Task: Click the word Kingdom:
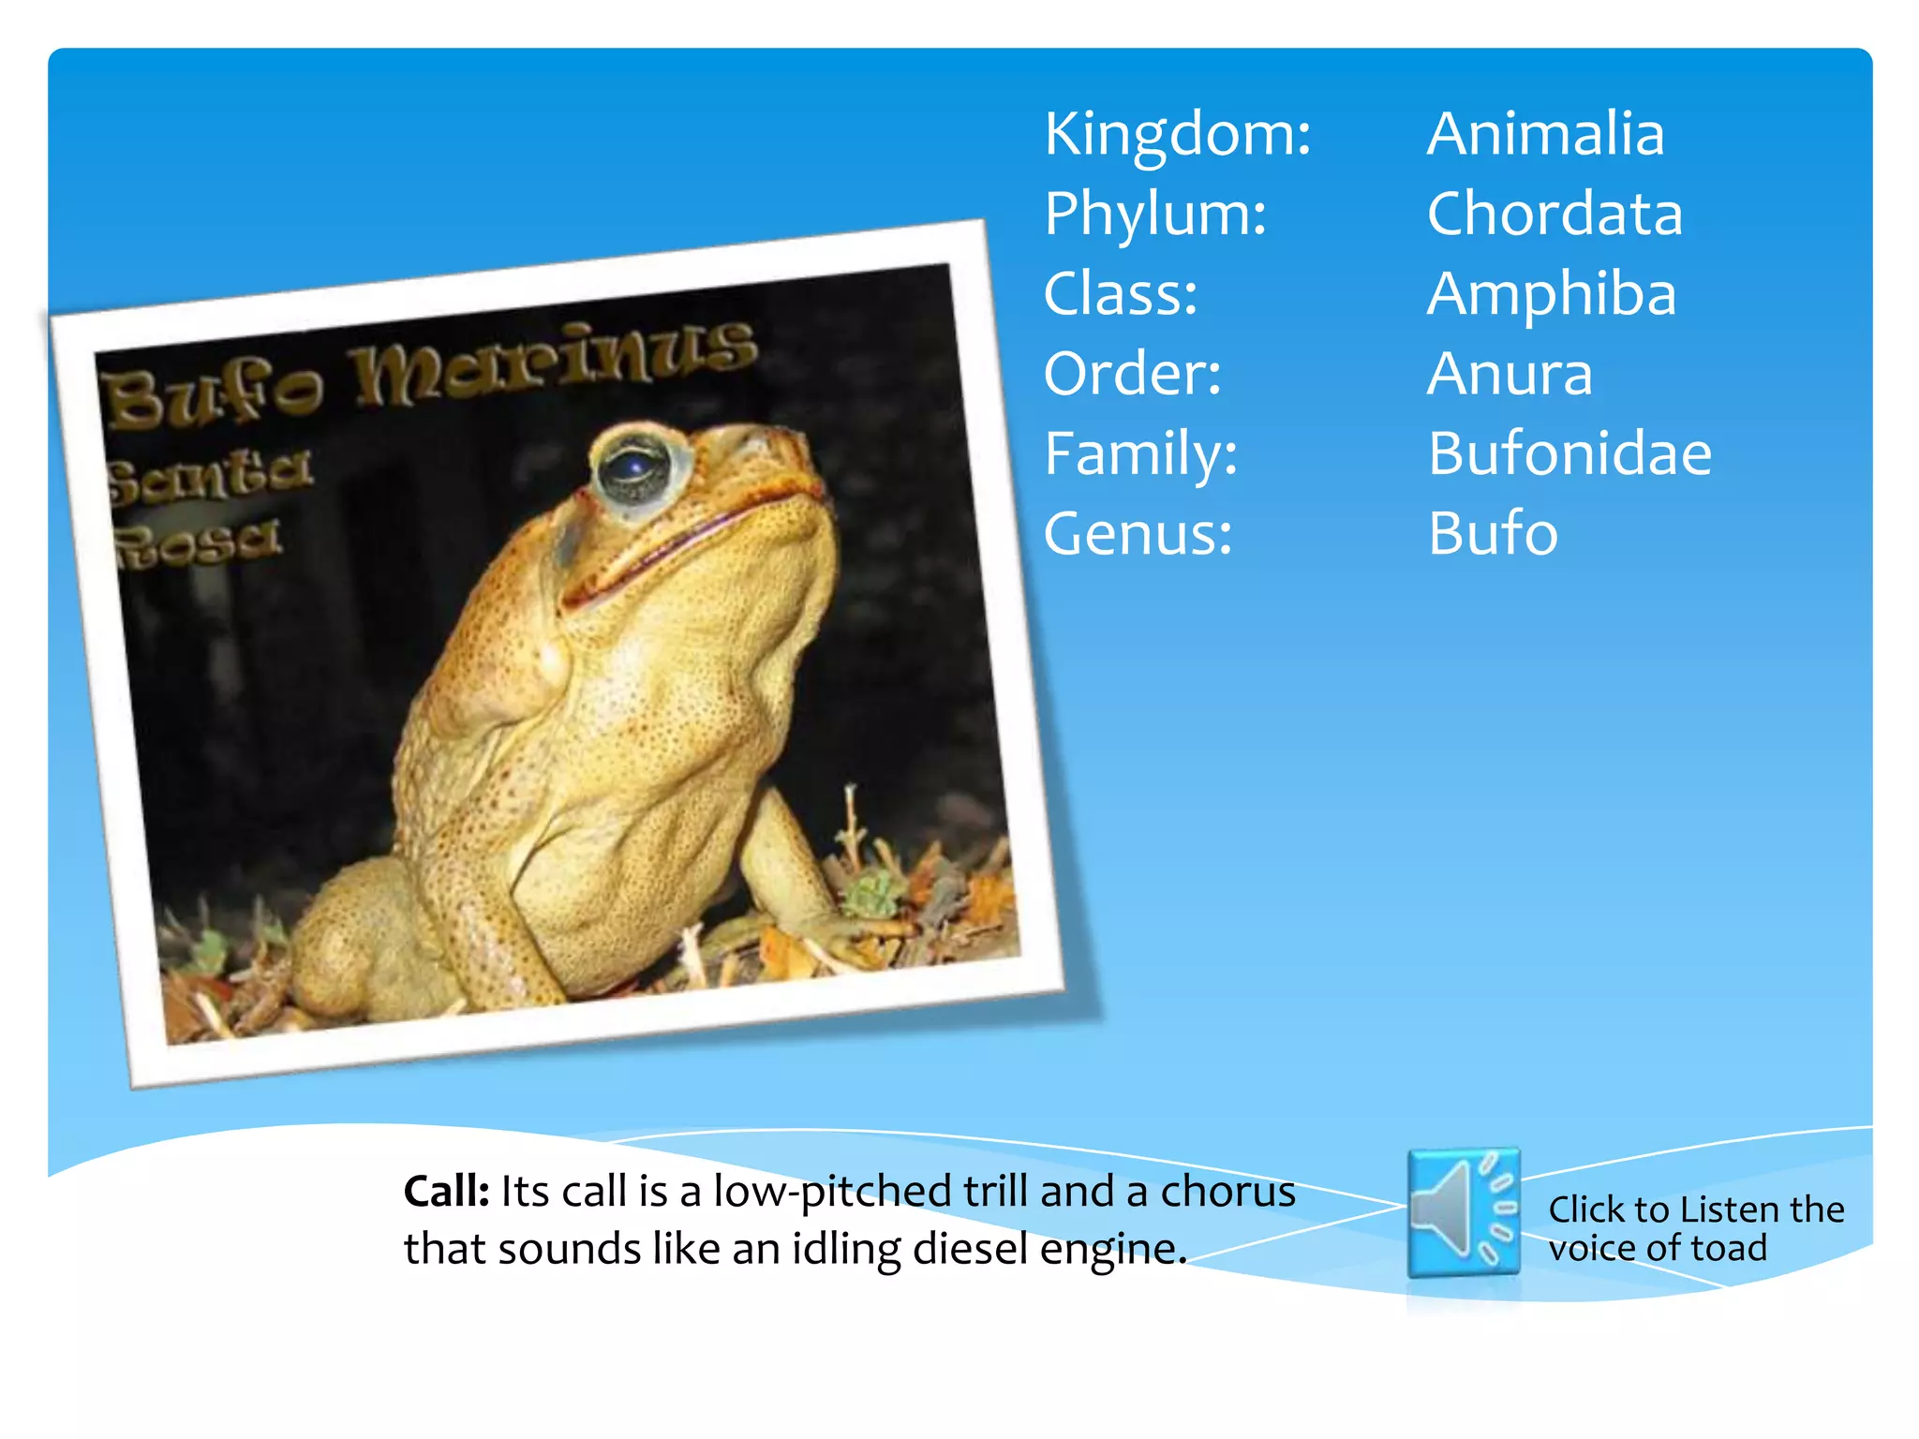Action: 1177,135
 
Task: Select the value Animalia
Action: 1545,134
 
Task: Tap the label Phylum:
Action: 1155,215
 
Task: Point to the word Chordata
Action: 1555,215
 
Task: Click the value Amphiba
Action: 1551,294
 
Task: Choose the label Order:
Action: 1132,374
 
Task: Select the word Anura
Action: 1510,374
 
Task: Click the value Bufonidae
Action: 1569,454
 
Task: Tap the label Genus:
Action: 1138,534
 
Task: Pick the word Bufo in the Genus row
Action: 1493,534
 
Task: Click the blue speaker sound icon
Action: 1463,1212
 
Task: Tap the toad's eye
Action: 636,465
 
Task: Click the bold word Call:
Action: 446,1192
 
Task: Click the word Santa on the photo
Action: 208,474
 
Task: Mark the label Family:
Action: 1140,454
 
